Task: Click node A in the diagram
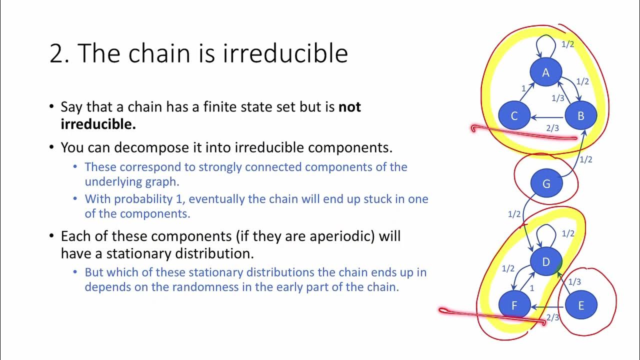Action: (545, 73)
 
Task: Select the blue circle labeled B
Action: (580, 116)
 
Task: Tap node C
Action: (514, 116)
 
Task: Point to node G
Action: (546, 184)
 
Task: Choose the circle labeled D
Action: (546, 262)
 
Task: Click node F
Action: (514, 305)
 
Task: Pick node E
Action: (580, 305)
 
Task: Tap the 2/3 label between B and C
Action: (552, 128)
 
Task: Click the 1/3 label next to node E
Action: (574, 282)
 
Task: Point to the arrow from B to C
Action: (547, 117)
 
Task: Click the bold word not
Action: (349, 107)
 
